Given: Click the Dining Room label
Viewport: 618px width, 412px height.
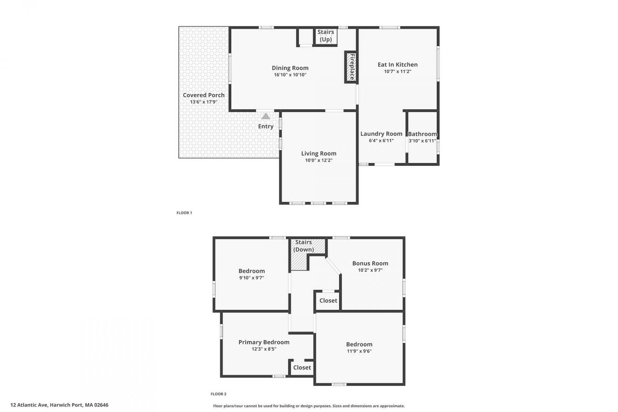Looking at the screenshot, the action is pos(290,68).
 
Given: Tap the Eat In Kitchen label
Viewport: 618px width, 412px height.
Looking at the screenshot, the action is pos(398,65).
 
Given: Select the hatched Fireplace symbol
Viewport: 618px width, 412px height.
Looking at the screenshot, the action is pos(351,67).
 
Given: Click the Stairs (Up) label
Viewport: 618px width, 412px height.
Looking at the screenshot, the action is pos(325,36).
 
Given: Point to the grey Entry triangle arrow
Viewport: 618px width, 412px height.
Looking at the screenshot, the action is pos(266,116).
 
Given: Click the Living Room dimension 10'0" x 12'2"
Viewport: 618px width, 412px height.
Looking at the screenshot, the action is pos(319,160).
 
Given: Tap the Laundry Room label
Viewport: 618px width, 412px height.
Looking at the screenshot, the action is pos(381,134).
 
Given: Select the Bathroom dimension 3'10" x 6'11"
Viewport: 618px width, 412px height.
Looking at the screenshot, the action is pos(422,141).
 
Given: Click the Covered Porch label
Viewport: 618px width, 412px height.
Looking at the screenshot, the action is pos(204,95).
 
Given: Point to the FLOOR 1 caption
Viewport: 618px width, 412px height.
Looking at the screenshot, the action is pos(184,213).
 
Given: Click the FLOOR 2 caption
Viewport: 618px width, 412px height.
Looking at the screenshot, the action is pos(219,394).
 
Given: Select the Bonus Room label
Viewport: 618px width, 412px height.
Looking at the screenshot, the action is pos(370,263).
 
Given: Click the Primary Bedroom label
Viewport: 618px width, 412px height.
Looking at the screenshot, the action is pos(264,342).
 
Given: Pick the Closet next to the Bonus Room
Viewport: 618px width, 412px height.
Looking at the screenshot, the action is pos(328,300).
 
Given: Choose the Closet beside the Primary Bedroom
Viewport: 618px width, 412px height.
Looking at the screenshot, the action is pos(302,367).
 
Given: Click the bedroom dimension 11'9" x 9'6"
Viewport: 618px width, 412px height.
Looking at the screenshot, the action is pos(359,351).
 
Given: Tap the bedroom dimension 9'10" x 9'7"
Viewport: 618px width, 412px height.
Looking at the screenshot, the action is pos(252,278).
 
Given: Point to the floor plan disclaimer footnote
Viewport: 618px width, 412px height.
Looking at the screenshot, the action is pos(309,406).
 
